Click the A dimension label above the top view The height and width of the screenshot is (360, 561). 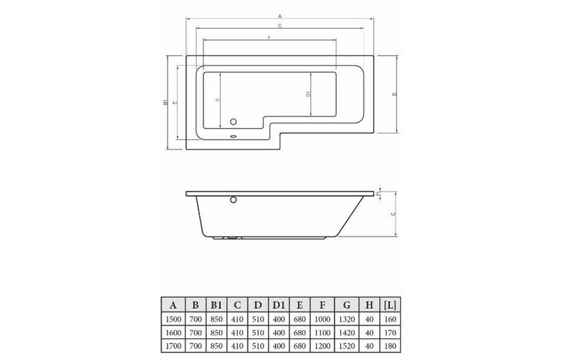pos(280,15)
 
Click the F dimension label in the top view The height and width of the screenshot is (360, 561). pos(269,36)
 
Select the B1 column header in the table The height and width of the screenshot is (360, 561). pos(217,304)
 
